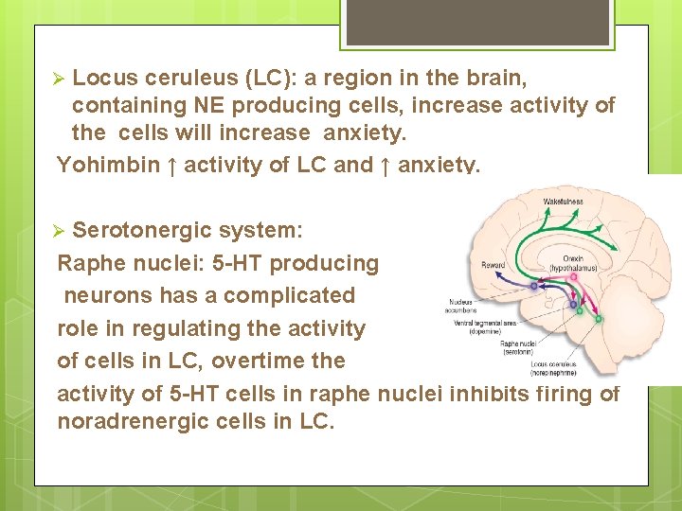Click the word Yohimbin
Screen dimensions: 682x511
(109, 165)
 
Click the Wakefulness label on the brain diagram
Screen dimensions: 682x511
(563, 202)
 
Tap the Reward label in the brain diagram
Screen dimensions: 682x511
(493, 266)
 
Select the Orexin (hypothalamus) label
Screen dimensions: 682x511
(586, 264)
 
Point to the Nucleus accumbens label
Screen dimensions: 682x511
(463, 306)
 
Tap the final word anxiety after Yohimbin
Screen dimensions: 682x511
(439, 165)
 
